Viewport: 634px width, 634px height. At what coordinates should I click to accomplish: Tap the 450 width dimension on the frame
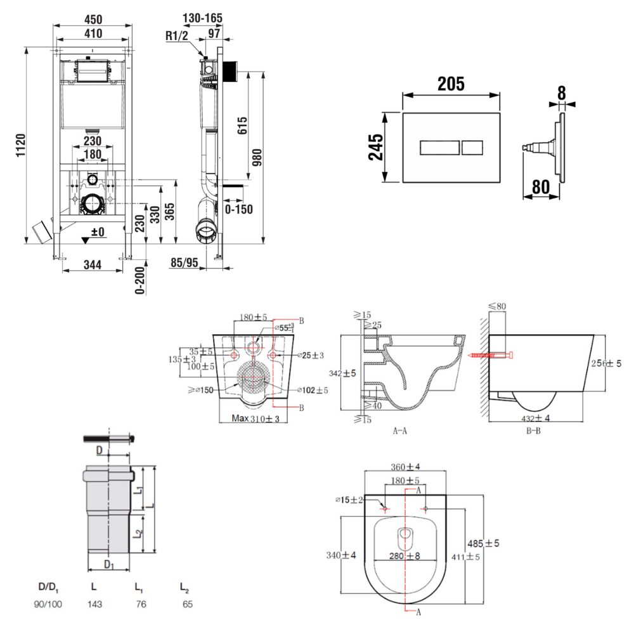93,18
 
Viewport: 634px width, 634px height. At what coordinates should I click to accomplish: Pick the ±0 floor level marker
96,233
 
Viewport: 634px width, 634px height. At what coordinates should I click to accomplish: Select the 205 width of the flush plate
450,83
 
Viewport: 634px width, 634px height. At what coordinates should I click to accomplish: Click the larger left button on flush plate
438,148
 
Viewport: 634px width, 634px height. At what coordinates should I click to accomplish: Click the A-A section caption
399,430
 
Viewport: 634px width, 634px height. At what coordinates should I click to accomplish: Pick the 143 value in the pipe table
95,604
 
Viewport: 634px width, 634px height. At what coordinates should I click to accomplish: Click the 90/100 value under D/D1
48,604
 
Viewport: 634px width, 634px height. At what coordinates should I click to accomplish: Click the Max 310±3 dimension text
256,418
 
